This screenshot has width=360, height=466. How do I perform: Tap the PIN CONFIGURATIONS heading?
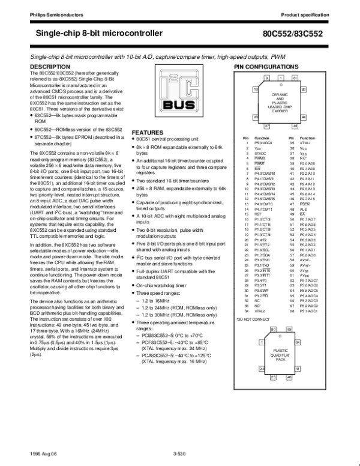tap(265, 65)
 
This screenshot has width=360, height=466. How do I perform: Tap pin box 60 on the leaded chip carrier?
tap(304, 89)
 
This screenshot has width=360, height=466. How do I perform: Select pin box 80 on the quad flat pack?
tap(273, 330)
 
